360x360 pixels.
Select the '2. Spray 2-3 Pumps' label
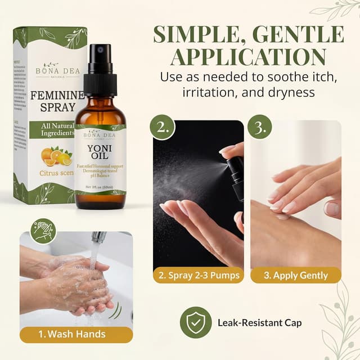(199, 275)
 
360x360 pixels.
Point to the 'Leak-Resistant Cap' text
(259, 323)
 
